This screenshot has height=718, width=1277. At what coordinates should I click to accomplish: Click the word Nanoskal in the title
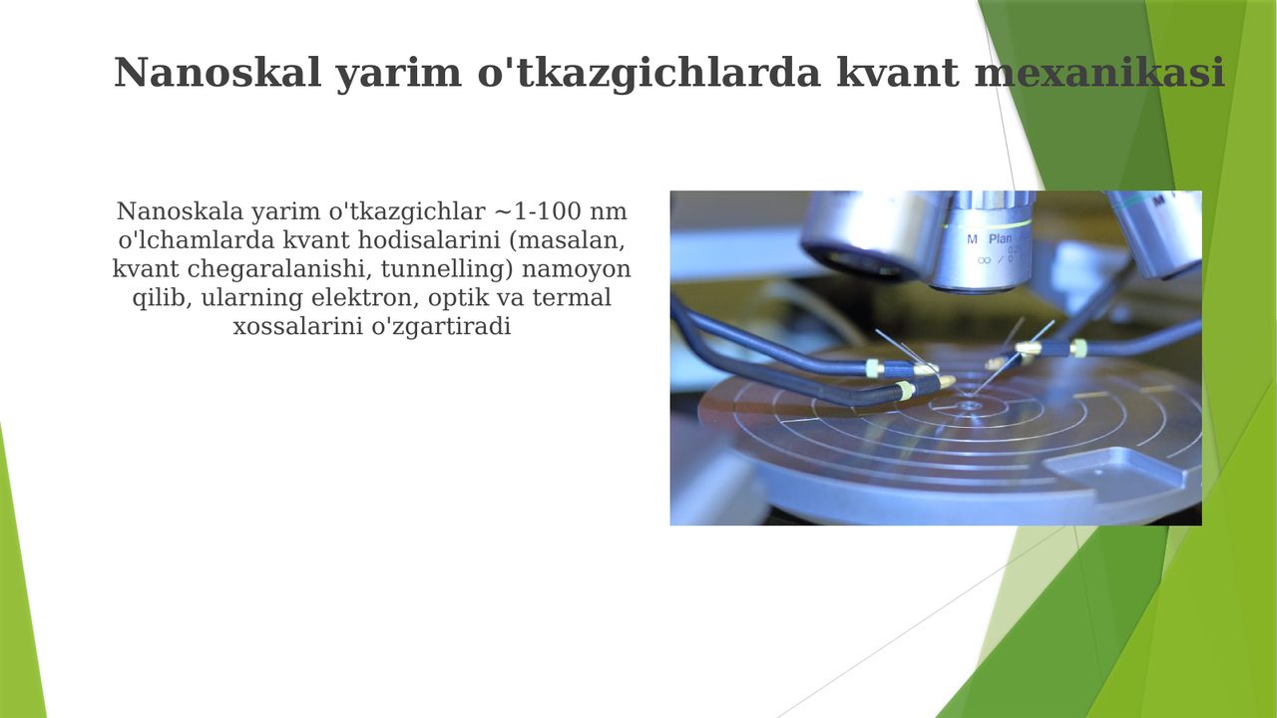[217, 73]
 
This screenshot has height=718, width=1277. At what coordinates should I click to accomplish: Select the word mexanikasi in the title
[1099, 73]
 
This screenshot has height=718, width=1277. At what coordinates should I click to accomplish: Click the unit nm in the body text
[608, 212]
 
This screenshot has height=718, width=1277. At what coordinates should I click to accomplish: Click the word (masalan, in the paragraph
[567, 241]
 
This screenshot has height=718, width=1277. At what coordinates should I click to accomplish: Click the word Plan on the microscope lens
[1000, 238]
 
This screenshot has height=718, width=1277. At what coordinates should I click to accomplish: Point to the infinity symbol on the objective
[984, 260]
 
